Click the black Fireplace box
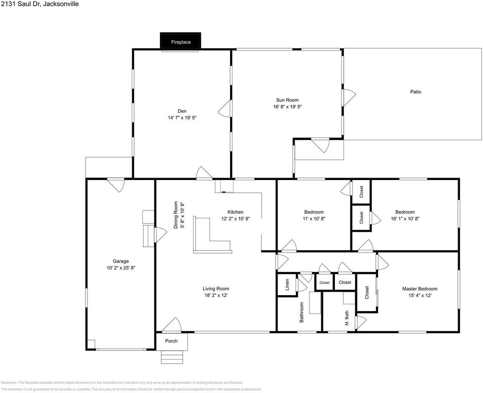click(x=181, y=41)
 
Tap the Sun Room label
click(x=287, y=100)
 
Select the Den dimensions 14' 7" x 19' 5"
click(x=182, y=117)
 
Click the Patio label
click(x=415, y=92)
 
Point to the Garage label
click(x=121, y=261)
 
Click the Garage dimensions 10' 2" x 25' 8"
click(x=121, y=268)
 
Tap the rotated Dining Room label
click(x=176, y=215)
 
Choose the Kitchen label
click(x=235, y=212)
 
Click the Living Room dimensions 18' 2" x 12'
click(x=216, y=296)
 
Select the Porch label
click(x=171, y=341)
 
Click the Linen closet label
click(x=287, y=285)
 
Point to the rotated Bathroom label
click(x=302, y=312)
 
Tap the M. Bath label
click(x=347, y=318)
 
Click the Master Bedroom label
click(x=420, y=289)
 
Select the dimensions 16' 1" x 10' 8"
click(x=405, y=219)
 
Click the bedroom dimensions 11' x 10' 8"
click(x=314, y=219)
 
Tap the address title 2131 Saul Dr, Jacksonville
click(x=40, y=4)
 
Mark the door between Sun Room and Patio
click(x=348, y=97)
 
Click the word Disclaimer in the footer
click(x=9, y=382)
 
